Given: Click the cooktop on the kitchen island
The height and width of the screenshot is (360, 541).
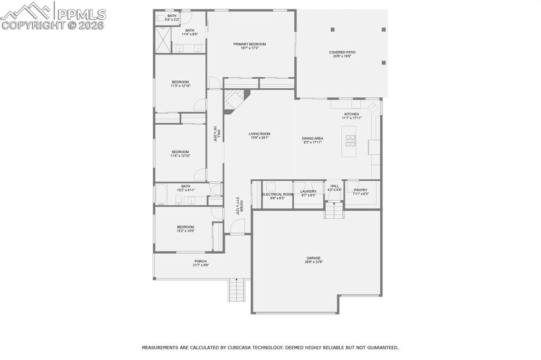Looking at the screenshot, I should coord(350,140).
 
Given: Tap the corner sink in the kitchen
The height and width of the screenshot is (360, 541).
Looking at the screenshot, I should coord(373,107).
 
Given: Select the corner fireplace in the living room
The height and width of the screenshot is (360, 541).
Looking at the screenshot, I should coord(232,101).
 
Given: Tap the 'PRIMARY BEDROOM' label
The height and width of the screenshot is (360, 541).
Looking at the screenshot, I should coord(249,44).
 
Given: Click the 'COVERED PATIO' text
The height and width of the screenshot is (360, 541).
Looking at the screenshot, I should coord(342,52).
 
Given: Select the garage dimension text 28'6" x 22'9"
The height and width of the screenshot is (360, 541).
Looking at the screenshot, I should coord(313,262).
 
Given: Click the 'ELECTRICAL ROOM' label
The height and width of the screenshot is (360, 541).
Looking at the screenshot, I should coord(277,194).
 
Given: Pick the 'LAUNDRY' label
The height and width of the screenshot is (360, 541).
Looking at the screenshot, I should coord(308,191).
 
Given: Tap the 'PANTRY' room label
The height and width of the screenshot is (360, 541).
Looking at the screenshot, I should coord(360,190).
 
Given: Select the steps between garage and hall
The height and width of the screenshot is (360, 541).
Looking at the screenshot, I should coord(334,210).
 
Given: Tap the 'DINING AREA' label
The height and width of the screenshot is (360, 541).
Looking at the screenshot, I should coord(313,139).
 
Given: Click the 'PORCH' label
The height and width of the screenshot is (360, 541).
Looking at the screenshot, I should coord(200,261).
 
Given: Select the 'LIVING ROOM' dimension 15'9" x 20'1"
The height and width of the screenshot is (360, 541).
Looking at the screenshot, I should coord(259,138).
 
